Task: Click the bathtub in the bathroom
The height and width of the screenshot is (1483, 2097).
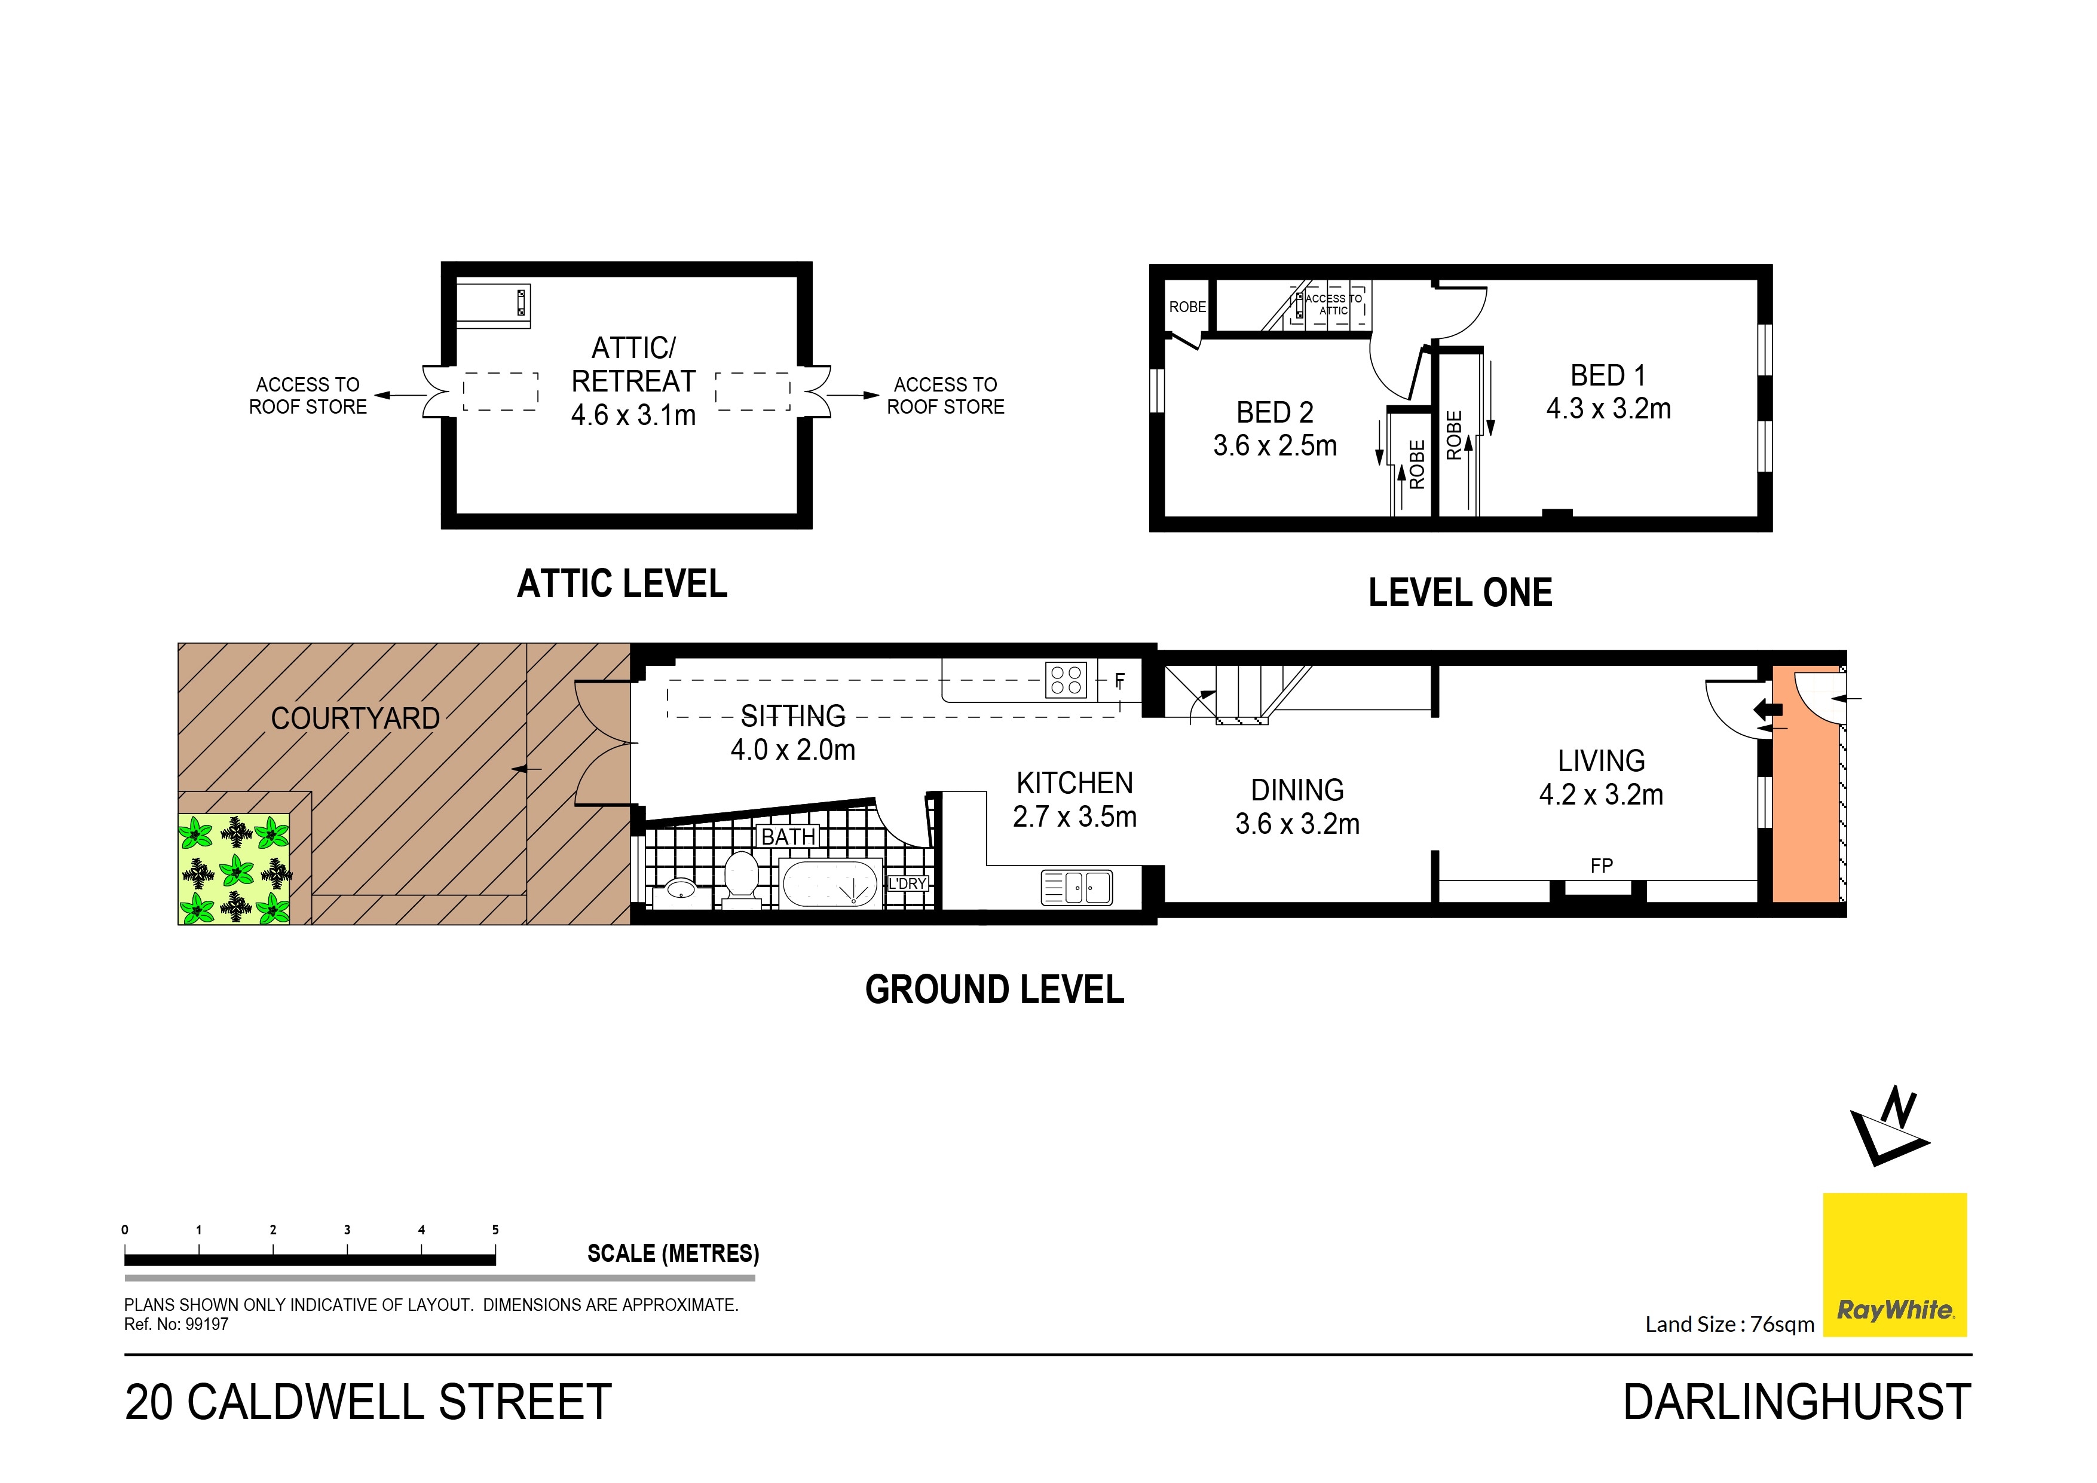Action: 831,883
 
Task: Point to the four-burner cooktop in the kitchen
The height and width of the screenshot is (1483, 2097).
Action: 1066,680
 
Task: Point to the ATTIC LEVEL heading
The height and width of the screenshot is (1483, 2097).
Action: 622,584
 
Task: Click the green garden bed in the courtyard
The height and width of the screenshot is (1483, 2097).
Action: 235,869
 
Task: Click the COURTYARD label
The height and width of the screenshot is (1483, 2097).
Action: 356,718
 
